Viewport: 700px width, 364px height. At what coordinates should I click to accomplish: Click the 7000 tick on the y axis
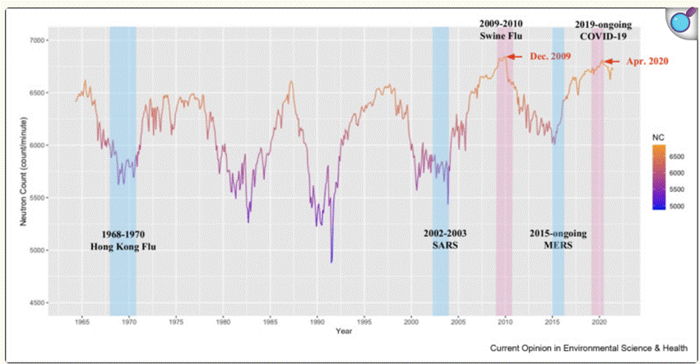pos(37,40)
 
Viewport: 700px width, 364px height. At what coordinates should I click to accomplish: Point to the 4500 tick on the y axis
pos(37,304)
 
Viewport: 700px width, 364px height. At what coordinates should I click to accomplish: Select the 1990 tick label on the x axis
pos(317,323)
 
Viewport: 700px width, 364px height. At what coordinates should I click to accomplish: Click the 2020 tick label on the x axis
pos(599,323)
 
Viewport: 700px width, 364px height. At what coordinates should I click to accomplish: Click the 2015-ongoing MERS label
pos(559,240)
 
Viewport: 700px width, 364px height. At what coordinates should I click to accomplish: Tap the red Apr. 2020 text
pos(647,61)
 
